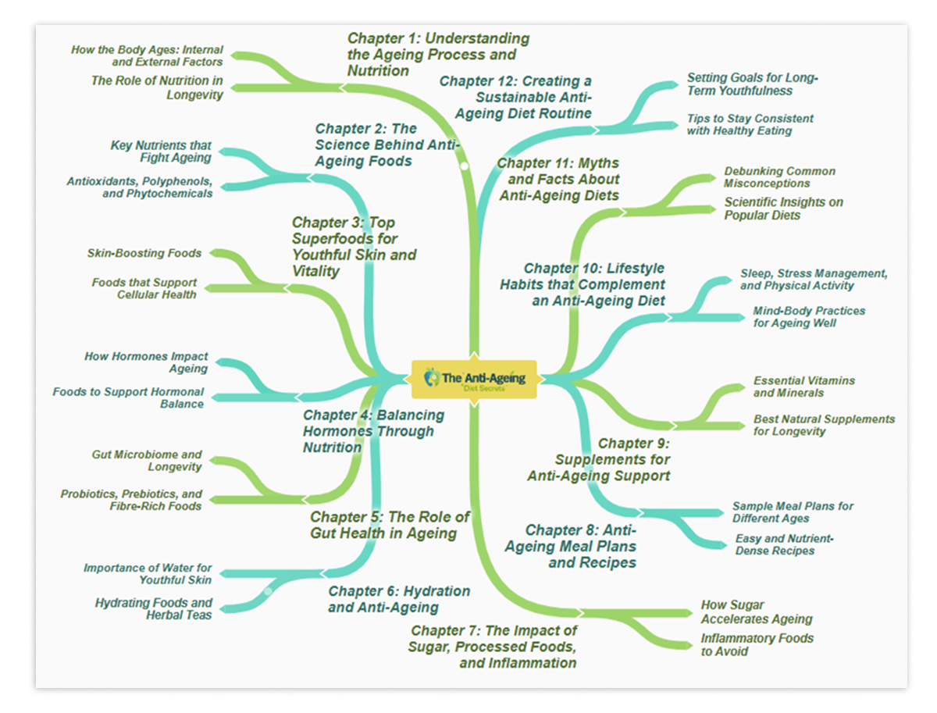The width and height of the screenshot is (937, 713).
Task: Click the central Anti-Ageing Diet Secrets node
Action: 474,379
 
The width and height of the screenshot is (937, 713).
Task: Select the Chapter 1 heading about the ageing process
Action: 438,55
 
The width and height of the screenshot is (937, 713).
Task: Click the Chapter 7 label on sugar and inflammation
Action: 492,647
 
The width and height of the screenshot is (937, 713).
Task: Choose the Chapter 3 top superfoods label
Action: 354,247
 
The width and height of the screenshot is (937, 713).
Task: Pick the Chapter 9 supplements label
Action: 599,459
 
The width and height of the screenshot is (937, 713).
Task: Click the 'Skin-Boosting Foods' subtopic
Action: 144,253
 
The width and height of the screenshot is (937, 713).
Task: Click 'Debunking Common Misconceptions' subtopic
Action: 779,177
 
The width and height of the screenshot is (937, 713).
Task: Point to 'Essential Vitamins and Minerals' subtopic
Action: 803,387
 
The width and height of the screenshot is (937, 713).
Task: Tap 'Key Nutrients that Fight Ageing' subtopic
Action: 161,152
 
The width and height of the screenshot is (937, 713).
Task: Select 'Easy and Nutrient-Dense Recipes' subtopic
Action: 784,544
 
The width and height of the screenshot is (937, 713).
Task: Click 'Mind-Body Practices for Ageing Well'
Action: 809,316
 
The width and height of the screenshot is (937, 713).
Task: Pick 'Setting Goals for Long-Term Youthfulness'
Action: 752,84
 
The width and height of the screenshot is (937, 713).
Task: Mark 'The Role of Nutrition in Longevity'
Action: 157,87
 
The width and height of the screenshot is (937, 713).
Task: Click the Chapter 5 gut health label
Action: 390,525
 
